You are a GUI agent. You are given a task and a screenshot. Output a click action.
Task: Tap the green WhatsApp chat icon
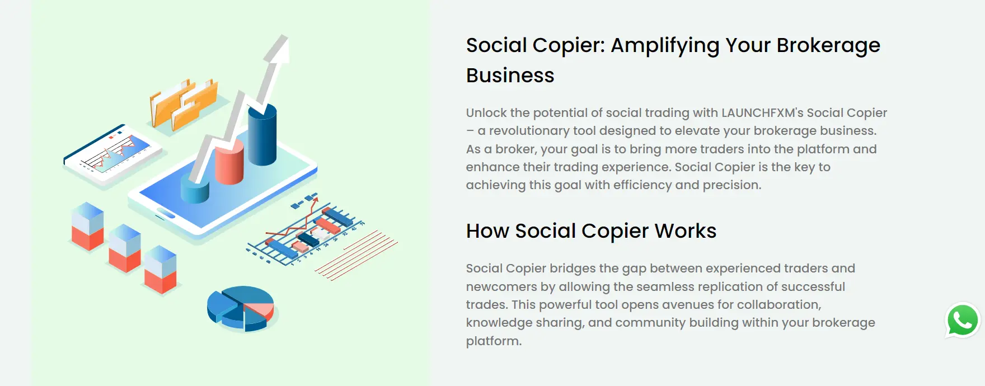[963, 321]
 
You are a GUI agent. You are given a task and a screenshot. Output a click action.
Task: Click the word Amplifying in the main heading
[664, 46]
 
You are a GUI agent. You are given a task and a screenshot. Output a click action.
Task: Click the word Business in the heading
[510, 76]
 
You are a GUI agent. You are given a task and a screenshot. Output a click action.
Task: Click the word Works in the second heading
[686, 231]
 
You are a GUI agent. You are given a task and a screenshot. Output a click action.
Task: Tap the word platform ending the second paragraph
[492, 341]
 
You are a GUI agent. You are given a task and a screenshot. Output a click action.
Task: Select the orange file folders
[184, 103]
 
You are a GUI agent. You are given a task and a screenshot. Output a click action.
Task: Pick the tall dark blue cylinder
[262, 134]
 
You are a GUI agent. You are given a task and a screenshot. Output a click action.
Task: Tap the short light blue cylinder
[195, 188]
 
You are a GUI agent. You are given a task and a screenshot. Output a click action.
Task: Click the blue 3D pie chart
[241, 308]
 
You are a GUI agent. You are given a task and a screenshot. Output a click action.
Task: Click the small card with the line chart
[113, 154]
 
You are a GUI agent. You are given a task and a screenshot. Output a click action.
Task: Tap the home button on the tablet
[166, 213]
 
